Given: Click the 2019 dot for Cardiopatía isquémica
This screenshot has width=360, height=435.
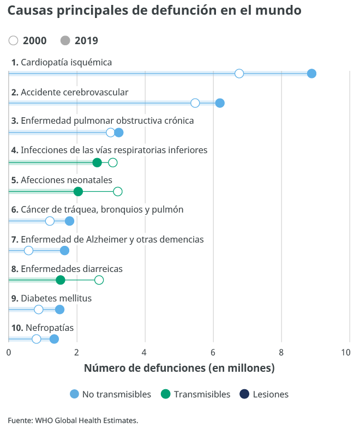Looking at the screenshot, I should (x=311, y=74).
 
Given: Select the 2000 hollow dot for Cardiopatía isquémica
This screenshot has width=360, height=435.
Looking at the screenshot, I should (x=239, y=74).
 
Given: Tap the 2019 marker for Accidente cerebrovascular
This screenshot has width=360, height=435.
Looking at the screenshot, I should (x=220, y=104).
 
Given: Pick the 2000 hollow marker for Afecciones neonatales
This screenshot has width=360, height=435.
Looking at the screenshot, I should (x=118, y=191).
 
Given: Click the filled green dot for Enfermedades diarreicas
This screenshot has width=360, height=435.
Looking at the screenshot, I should (x=61, y=280).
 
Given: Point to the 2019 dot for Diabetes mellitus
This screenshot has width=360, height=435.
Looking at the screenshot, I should (x=59, y=310).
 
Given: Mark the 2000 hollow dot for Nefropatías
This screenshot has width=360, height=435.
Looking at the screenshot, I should (x=37, y=339).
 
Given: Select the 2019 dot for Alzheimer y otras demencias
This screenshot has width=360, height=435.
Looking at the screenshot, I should (x=64, y=251).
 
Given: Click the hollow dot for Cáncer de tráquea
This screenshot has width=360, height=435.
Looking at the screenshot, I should (x=50, y=221).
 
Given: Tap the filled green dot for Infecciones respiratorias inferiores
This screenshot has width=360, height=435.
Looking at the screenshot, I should (x=97, y=162).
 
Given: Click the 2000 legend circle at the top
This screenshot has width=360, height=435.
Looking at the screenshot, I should (x=14, y=40).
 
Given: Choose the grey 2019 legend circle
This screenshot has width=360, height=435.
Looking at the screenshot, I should (x=65, y=40).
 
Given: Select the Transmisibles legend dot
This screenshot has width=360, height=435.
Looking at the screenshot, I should (x=166, y=394).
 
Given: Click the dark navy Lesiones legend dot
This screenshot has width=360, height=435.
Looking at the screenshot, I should (x=245, y=394).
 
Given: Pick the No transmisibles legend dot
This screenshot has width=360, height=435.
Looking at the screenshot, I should (x=75, y=394).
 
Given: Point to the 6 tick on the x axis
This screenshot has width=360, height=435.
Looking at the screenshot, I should (x=213, y=352).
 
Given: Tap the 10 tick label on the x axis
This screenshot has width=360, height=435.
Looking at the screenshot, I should (x=346, y=352).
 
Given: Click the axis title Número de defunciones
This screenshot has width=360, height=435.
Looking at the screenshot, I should (x=179, y=368).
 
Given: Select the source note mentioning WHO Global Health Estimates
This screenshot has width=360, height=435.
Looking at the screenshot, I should (x=73, y=420).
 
